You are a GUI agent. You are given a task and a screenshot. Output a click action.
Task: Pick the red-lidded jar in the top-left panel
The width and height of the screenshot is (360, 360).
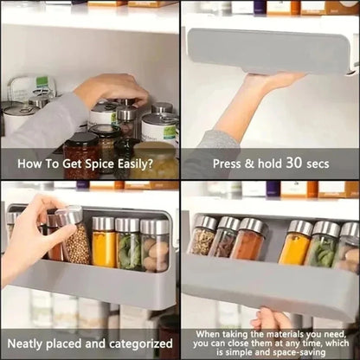click(x=81, y=152)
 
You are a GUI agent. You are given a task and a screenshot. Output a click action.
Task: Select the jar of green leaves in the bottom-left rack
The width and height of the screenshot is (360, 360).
click(x=128, y=246)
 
